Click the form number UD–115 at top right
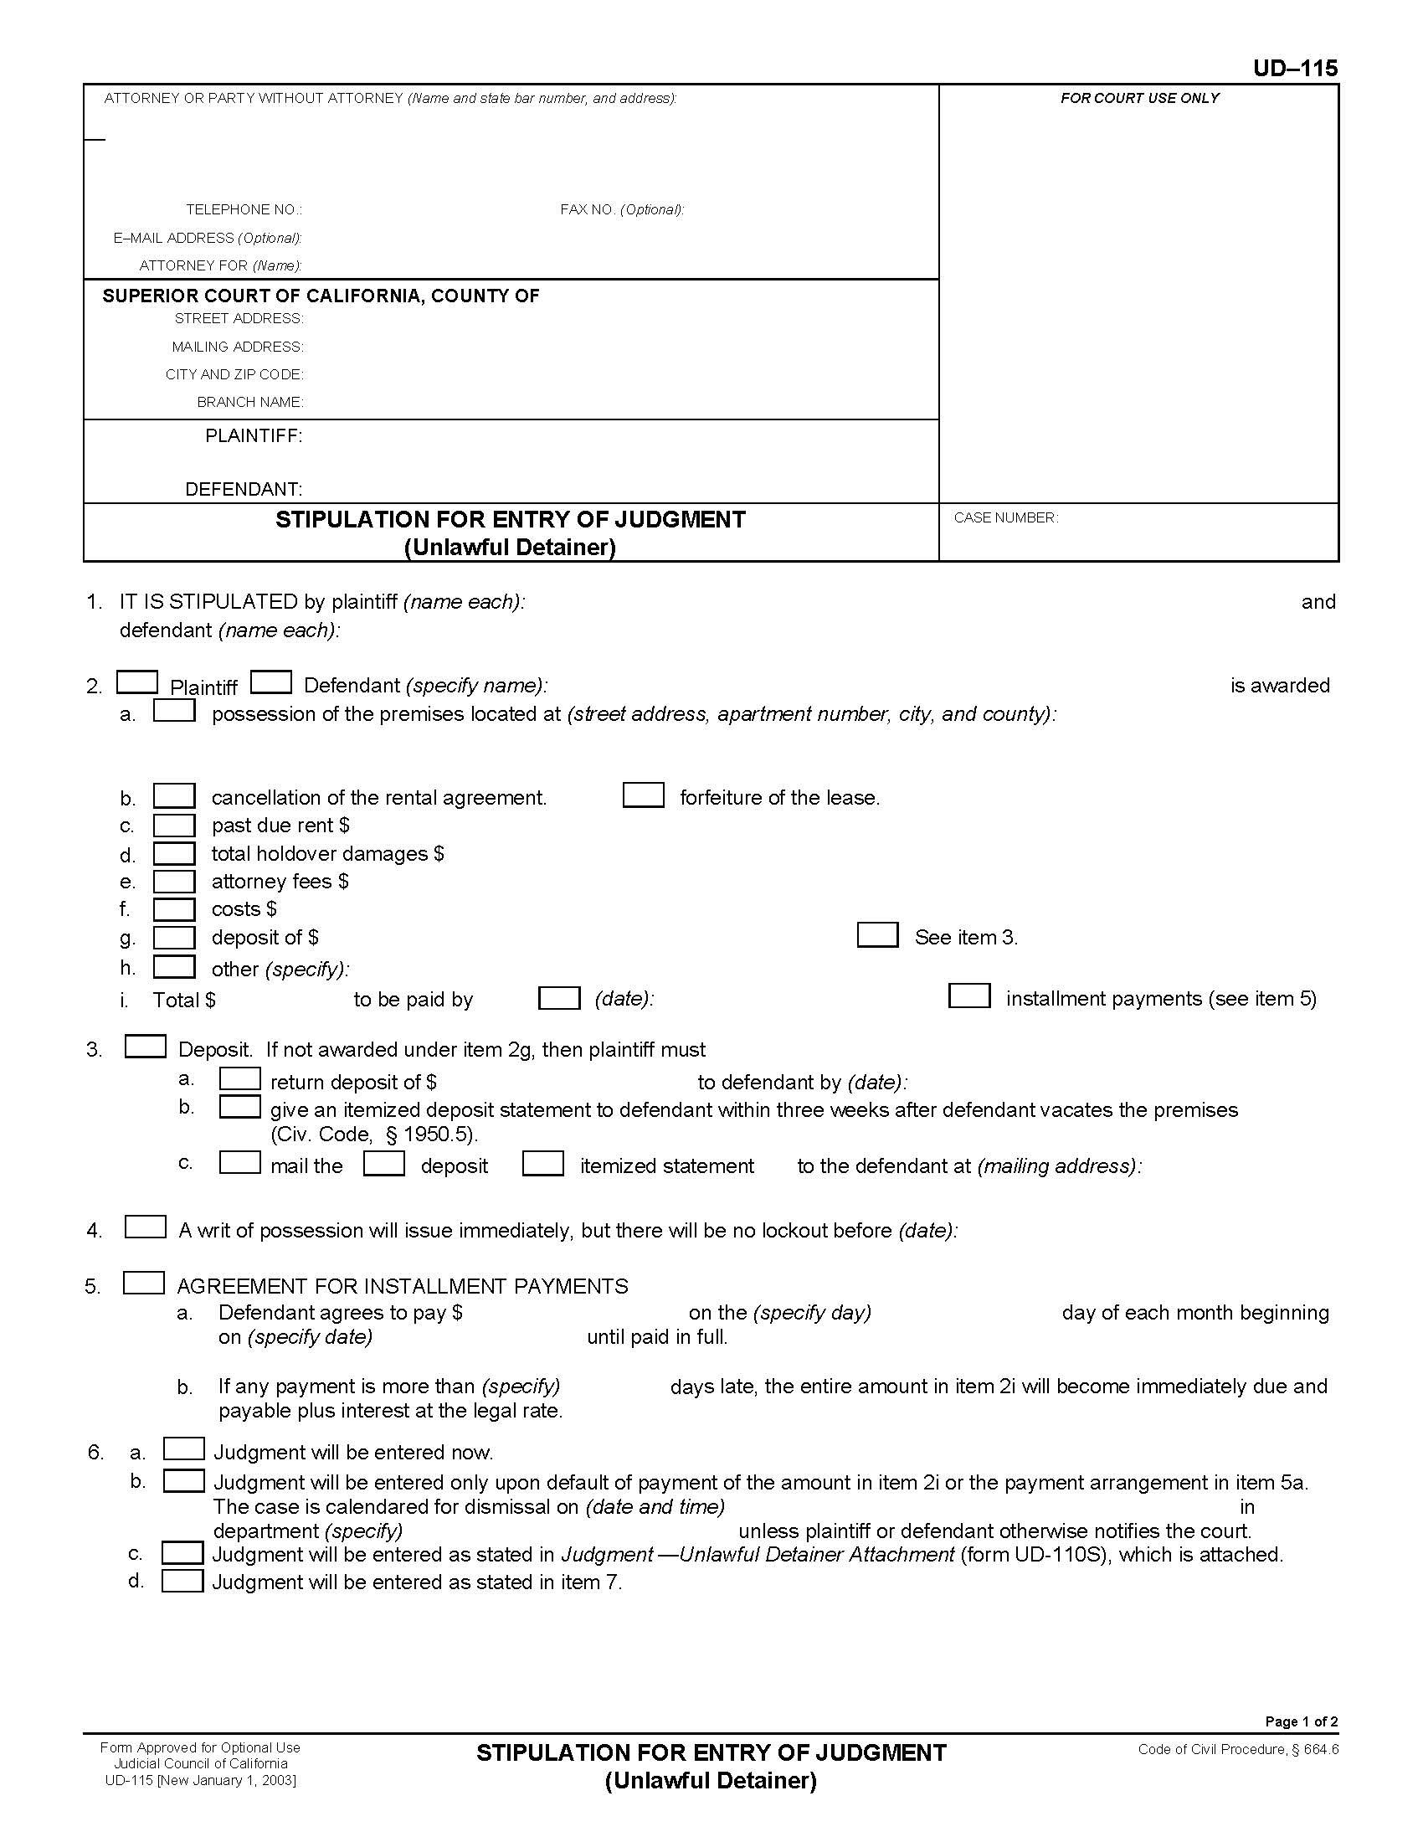1294,69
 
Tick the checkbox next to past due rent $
173,825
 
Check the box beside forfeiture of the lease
643,795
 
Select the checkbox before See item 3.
877,935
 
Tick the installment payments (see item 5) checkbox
968,996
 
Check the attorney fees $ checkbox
173,882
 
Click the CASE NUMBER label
1004,517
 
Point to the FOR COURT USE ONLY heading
1139,99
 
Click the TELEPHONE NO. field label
244,209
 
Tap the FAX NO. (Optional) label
621,209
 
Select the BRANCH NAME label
249,402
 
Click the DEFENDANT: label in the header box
244,489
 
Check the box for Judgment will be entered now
184,1449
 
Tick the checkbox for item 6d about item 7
182,1581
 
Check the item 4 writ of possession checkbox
145,1227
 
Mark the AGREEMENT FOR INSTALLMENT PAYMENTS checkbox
143,1283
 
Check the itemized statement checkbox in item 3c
543,1164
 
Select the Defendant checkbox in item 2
271,682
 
